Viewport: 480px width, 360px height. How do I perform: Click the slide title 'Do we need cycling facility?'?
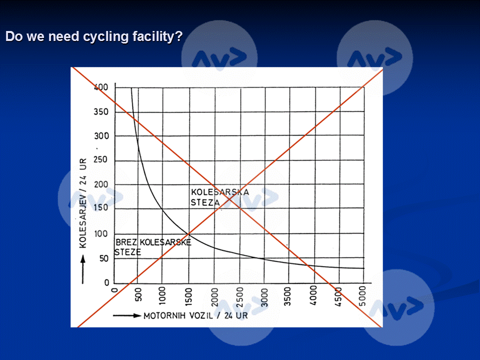click(93, 37)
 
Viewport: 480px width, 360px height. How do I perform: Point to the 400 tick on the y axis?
click(101, 87)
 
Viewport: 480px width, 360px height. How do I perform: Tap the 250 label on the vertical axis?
click(101, 160)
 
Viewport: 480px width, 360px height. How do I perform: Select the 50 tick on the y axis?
click(103, 258)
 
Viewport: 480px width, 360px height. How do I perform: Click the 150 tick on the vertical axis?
click(101, 209)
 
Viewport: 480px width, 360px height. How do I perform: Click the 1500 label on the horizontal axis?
click(189, 296)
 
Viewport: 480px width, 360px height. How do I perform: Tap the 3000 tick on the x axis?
click(264, 296)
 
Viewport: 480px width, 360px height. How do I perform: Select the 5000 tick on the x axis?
click(364, 296)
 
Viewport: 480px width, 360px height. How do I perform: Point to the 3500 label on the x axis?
click(289, 296)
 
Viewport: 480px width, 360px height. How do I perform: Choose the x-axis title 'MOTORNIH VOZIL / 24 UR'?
click(195, 315)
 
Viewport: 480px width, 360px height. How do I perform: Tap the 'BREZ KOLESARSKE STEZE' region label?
click(152, 247)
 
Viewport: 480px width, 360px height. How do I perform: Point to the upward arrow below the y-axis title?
click(83, 265)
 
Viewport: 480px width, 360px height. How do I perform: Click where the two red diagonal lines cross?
click(227, 197)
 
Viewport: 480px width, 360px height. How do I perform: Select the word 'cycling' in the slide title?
click(102, 37)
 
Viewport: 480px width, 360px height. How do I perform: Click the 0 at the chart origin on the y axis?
click(107, 283)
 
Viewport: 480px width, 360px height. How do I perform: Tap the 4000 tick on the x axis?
click(314, 296)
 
